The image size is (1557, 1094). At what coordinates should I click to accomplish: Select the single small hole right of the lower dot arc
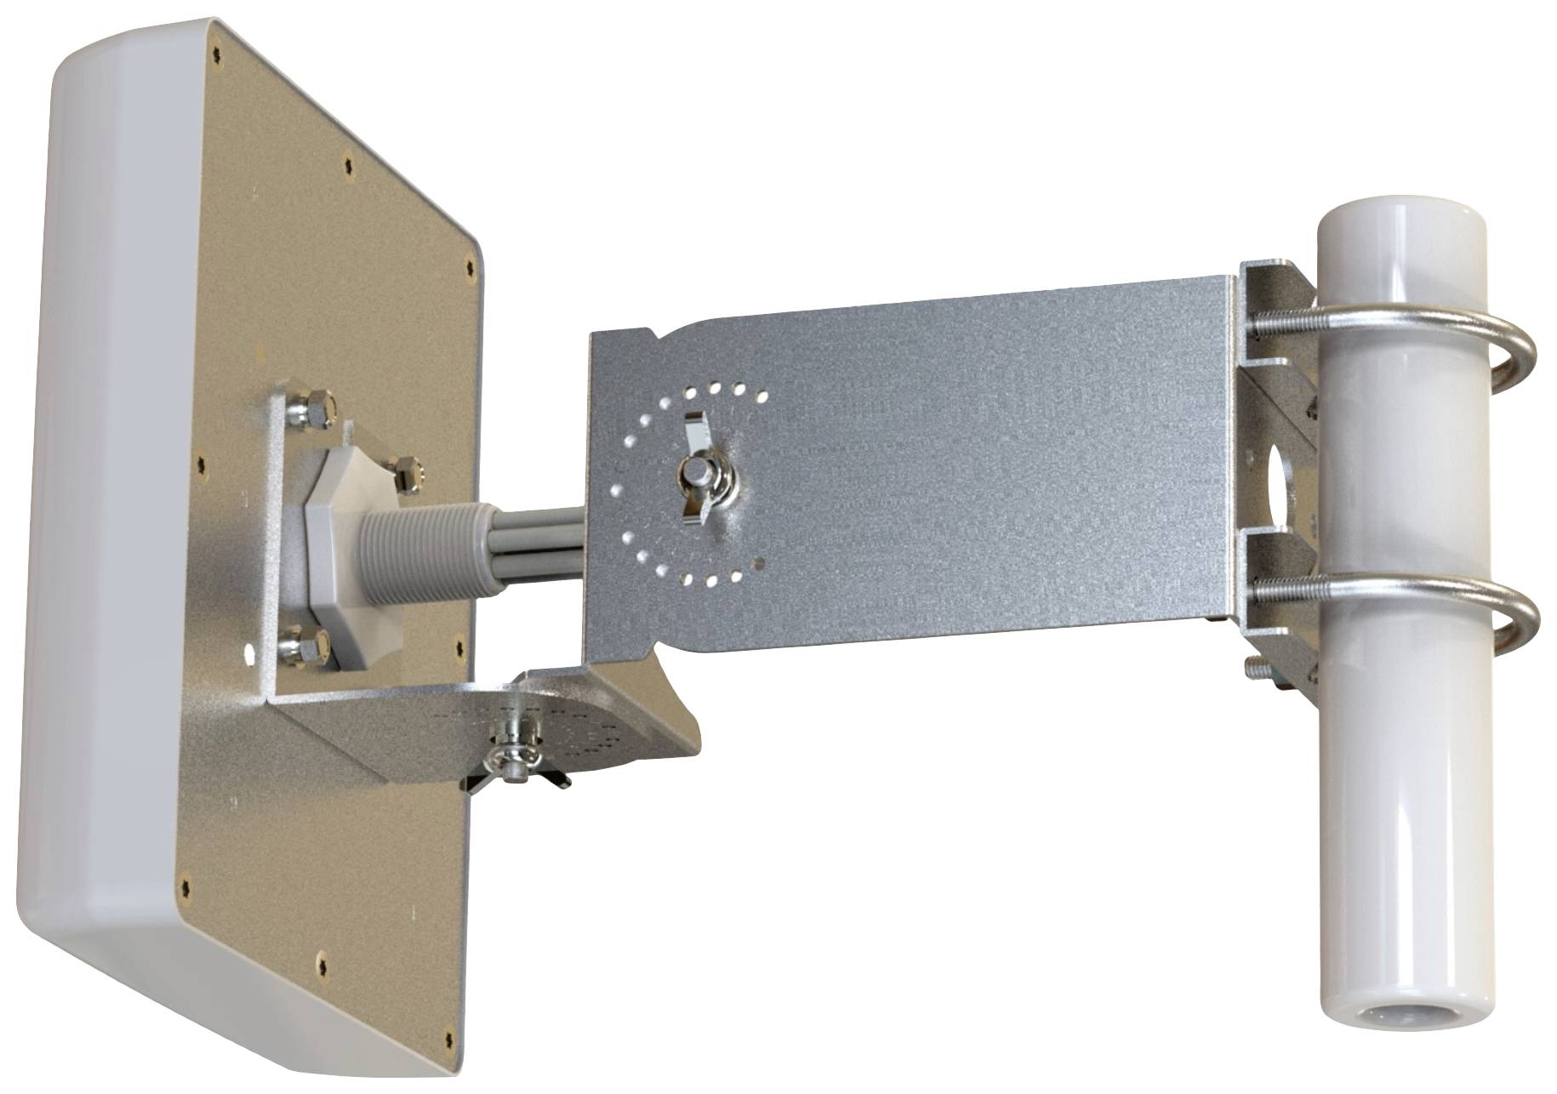click(760, 562)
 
